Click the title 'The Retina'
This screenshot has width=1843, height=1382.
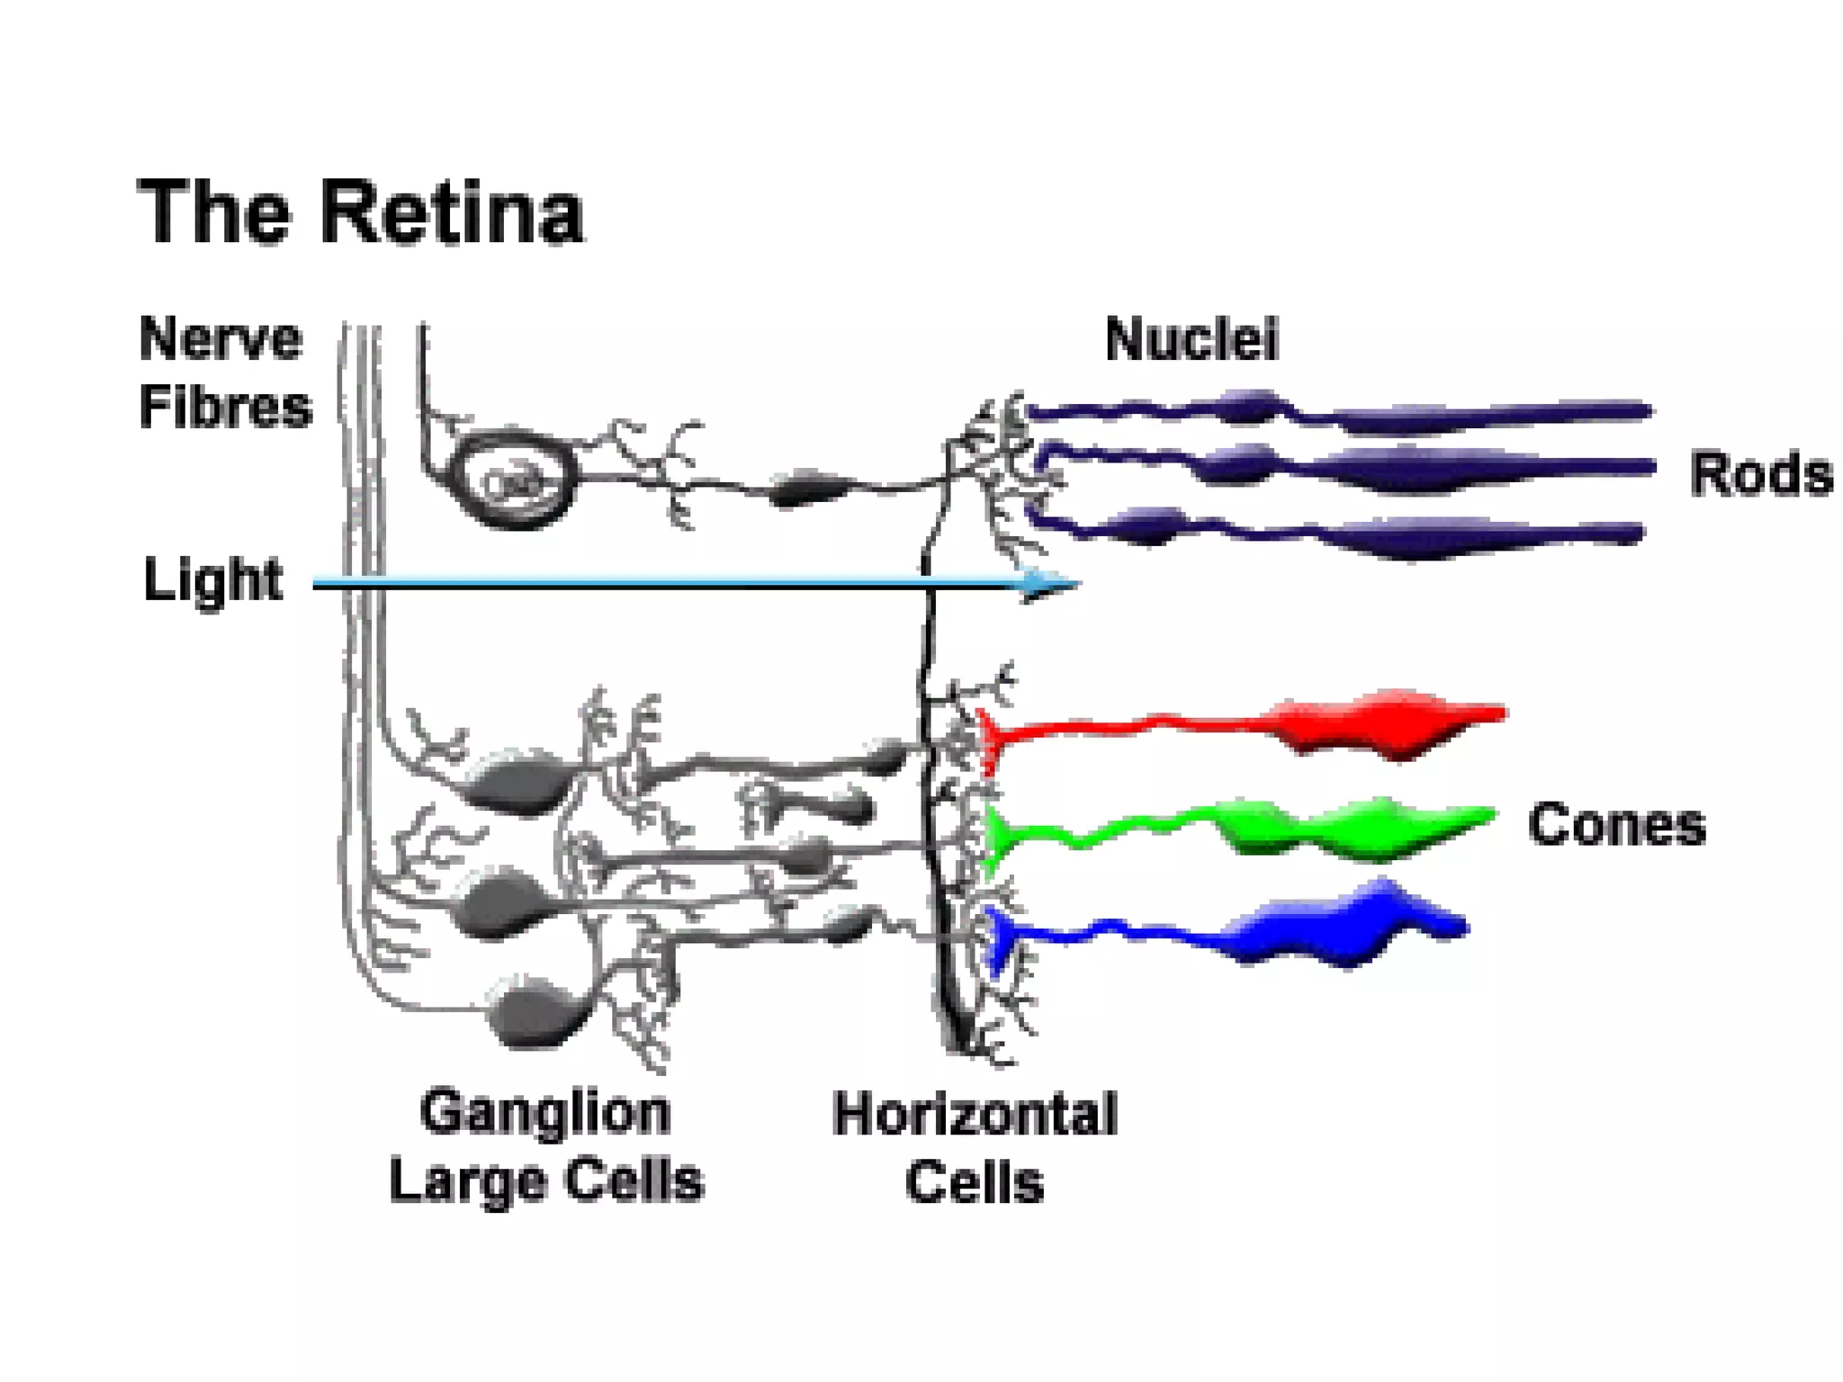click(360, 212)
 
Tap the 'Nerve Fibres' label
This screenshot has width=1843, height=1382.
click(224, 372)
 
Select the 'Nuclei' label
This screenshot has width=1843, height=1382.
click(1191, 340)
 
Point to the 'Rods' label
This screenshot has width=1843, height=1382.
click(1760, 474)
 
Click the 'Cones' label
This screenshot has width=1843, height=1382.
click(1616, 824)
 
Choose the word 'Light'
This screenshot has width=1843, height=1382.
click(213, 579)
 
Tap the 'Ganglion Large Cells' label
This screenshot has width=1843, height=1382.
click(546, 1146)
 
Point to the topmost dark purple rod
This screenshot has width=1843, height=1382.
click(1440, 415)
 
